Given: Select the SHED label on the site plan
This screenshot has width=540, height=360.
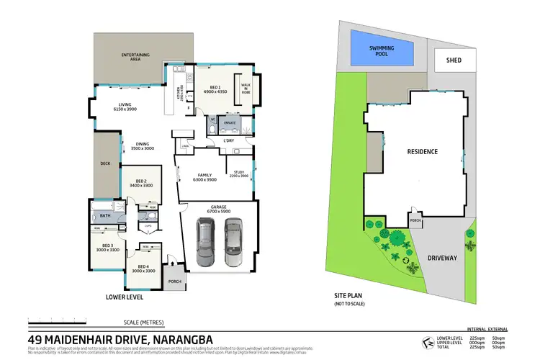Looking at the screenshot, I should pyautogui.click(x=454, y=60).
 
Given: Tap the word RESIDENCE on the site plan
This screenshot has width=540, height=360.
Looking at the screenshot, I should pyautogui.click(x=423, y=152).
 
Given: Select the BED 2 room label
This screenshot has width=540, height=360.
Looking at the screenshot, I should pyautogui.click(x=140, y=183).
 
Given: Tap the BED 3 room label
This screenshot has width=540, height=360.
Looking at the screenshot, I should pyautogui.click(x=107, y=248).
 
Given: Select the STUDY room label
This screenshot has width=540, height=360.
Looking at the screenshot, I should pyautogui.click(x=240, y=173).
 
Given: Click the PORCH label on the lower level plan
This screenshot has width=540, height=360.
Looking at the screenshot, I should pyautogui.click(x=174, y=282).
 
